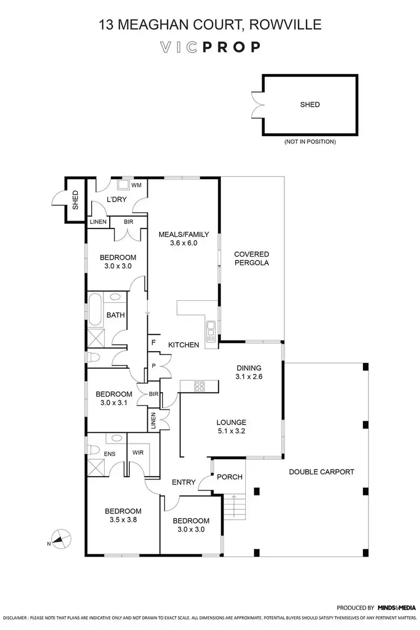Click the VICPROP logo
click(x=209, y=46)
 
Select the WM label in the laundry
click(x=136, y=185)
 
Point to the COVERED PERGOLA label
click(x=251, y=258)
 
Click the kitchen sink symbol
click(x=211, y=332)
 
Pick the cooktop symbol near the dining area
click(x=199, y=385)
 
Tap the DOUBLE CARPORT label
click(x=321, y=472)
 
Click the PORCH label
click(x=230, y=477)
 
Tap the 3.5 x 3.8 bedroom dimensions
click(x=123, y=520)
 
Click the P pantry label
click(x=153, y=365)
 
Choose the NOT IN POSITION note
click(x=310, y=142)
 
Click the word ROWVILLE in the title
click(x=286, y=25)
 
